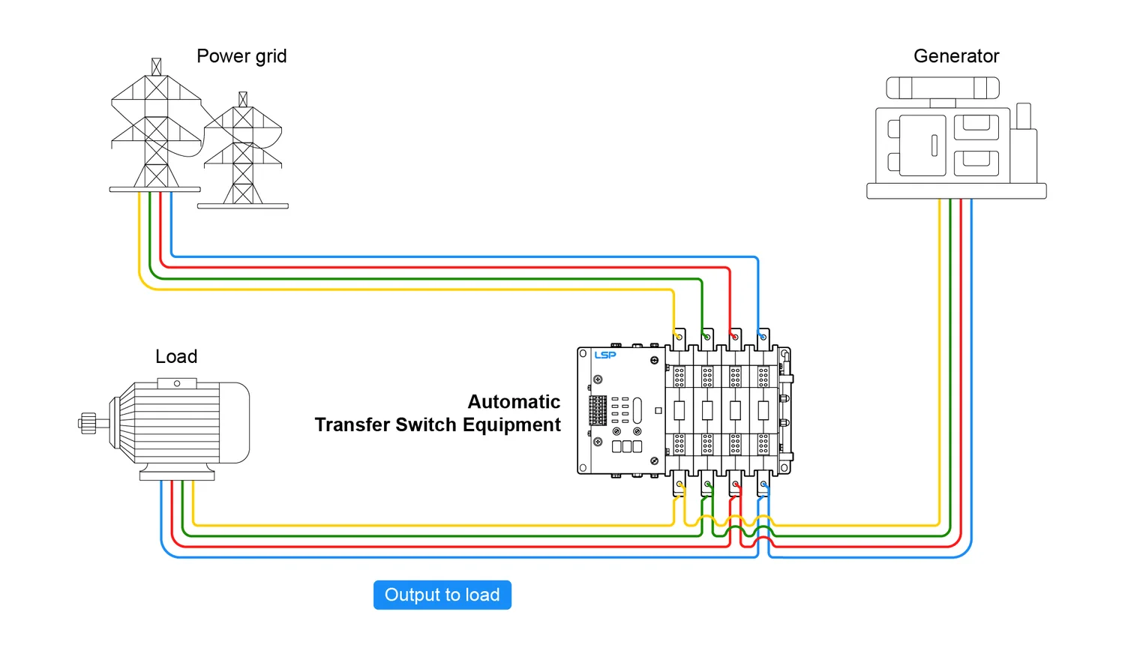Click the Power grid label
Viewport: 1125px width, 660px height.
(x=241, y=56)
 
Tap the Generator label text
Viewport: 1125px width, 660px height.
(x=956, y=56)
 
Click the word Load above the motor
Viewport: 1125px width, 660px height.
(x=176, y=356)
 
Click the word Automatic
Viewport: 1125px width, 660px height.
(x=514, y=402)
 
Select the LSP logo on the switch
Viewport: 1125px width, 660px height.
(x=605, y=355)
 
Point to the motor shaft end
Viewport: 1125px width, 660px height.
(x=87, y=423)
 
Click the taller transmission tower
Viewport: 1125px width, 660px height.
(x=156, y=127)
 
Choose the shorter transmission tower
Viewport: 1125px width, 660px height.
(x=243, y=154)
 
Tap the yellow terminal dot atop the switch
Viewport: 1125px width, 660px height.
(x=679, y=337)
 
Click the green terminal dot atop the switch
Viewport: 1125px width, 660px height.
(x=706, y=337)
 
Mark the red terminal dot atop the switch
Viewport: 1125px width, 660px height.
(x=735, y=337)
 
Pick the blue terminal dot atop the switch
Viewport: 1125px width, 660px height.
(x=763, y=337)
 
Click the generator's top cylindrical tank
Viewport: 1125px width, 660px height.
(x=943, y=88)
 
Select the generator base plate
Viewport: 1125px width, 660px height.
(x=956, y=191)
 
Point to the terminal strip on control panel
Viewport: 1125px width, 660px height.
(x=598, y=410)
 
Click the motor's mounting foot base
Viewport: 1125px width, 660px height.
(x=177, y=475)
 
